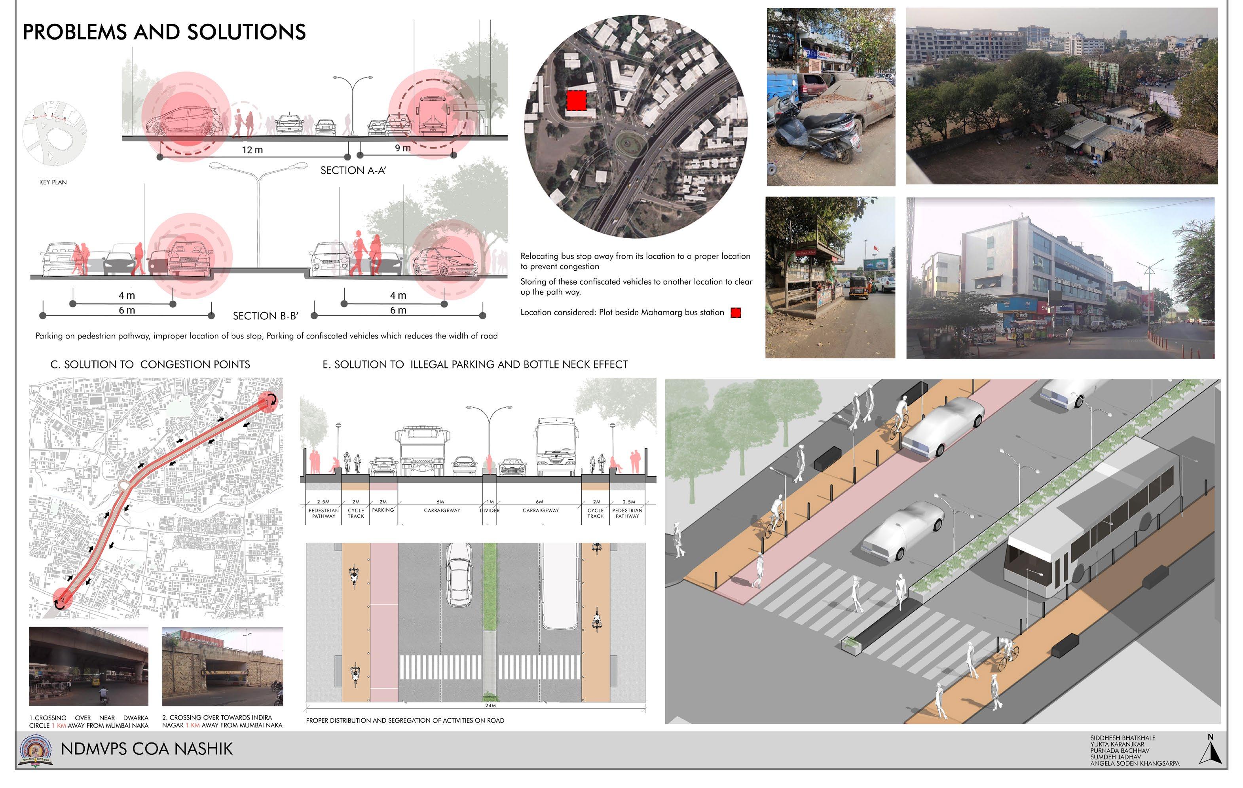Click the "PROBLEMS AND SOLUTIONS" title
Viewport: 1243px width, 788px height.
click(164, 32)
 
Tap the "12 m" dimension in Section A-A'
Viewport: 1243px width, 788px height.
click(252, 150)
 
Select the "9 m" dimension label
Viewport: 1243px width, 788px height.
click(402, 148)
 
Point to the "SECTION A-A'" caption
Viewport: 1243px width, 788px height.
click(353, 171)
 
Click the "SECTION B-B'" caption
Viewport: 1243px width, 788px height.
click(265, 315)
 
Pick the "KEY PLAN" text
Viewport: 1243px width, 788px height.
click(53, 182)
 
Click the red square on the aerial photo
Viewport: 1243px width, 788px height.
click(576, 101)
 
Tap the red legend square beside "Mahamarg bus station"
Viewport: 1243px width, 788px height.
click(736, 312)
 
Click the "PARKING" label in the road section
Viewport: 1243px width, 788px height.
click(383, 510)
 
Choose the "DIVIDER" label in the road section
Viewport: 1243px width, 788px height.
click(490, 510)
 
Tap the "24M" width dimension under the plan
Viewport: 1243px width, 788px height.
click(490, 705)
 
